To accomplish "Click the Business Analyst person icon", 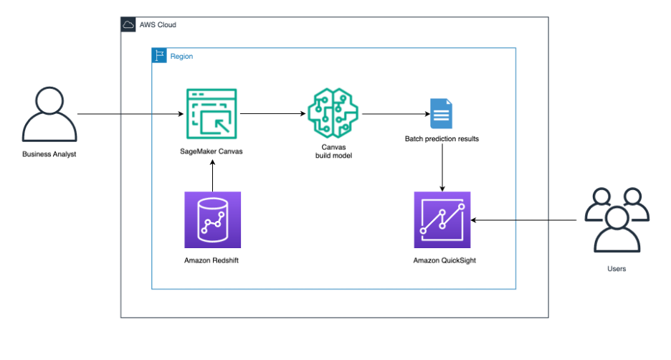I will [x=49, y=115].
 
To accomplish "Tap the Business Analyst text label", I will [x=49, y=153].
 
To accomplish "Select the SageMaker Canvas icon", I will [x=211, y=114].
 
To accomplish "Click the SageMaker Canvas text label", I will [x=211, y=151].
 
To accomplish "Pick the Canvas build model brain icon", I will [x=334, y=113].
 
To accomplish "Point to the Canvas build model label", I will [x=334, y=151].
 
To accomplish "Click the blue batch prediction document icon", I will [x=441, y=114].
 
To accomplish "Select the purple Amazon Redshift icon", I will [x=211, y=219].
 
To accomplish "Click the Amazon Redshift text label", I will [x=211, y=260].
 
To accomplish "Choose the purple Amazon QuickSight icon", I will [x=442, y=219].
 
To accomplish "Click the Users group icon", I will [x=617, y=219].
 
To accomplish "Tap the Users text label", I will [x=616, y=269].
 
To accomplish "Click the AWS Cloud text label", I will [x=158, y=25].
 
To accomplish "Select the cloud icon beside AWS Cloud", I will [x=129, y=25].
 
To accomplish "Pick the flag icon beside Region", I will [x=160, y=56].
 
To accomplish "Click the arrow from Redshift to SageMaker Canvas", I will [x=211, y=176].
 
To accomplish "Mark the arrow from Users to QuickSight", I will [x=523, y=220].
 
